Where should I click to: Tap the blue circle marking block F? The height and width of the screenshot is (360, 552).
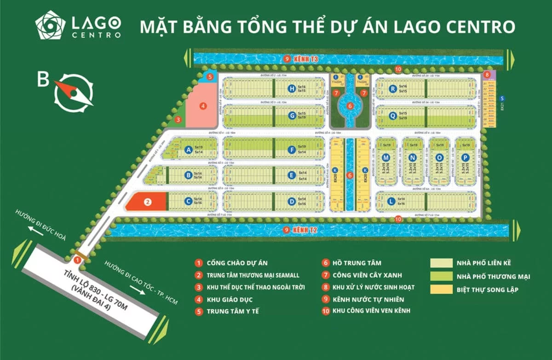tap(291, 149)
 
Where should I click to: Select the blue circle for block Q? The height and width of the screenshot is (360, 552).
tap(392, 116)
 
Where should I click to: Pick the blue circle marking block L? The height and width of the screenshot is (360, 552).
tap(391, 201)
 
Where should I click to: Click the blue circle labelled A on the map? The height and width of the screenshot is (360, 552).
tap(188, 149)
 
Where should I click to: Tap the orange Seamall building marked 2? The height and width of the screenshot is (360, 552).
tap(146, 202)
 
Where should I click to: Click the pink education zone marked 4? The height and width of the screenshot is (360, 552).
tap(202, 105)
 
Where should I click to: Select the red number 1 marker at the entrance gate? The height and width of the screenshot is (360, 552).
tap(78, 260)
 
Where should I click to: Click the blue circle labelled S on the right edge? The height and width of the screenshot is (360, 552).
tap(502, 98)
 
